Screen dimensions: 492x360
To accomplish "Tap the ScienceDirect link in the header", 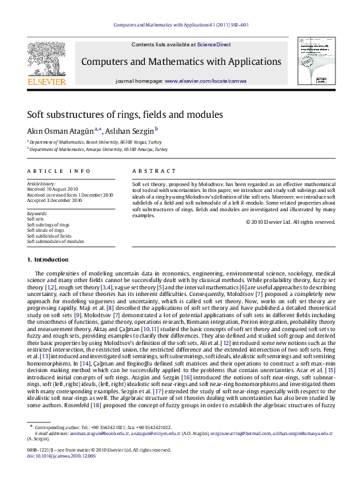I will [x=213, y=44].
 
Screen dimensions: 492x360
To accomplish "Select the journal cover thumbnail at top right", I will [x=314, y=60].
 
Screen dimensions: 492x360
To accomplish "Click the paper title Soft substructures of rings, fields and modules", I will [x=124, y=114].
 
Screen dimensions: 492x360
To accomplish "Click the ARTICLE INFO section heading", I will [x=58, y=171].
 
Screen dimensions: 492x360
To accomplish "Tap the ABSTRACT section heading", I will [x=149, y=171].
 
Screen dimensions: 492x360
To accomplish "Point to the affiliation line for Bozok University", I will [x=95, y=142].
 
